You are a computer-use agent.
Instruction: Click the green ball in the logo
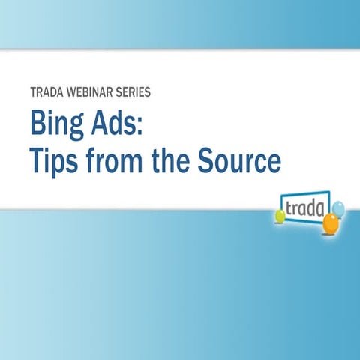coord(280,216)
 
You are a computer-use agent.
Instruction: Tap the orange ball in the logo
coord(331,222)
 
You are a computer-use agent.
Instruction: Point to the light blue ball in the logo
coord(338,207)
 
